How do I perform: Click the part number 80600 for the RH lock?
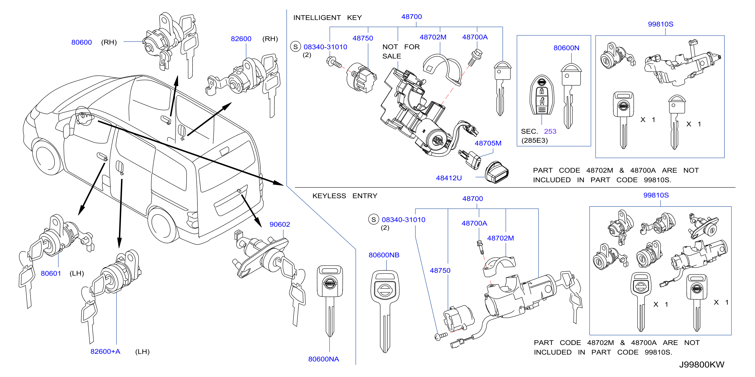pos(81,42)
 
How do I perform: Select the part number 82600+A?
pos(105,352)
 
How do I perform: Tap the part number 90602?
pos(280,224)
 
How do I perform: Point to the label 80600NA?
pos(324,359)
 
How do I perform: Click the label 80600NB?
pos(384,255)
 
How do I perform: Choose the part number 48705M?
pos(488,143)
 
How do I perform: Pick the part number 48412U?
pos(449,178)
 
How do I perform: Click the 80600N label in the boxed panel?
pos(566,48)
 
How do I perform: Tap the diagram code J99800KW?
pos(702,365)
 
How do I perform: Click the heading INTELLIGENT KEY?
pos(327,18)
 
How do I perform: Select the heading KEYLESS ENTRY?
pos(345,196)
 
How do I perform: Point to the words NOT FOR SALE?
pos(401,51)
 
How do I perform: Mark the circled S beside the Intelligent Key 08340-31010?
pos(295,47)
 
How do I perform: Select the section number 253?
pos(550,131)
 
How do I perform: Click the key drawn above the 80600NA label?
pos(330,301)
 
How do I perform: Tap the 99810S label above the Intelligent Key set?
pos(660,24)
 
